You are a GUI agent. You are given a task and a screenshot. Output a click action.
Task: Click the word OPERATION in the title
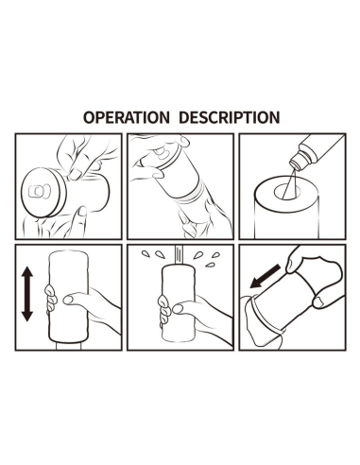[x=127, y=117]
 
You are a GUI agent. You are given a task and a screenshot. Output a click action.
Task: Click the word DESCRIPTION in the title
[x=229, y=117]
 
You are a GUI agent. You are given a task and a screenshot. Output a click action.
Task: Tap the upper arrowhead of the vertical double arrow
[x=27, y=272]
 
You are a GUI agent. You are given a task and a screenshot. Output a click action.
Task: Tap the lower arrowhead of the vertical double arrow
[x=27, y=316]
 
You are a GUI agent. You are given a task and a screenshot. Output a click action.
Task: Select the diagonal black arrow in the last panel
[x=265, y=277]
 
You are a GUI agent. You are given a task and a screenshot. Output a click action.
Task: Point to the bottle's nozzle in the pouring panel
[x=296, y=162]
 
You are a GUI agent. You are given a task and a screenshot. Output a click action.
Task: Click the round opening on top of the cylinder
[x=286, y=192]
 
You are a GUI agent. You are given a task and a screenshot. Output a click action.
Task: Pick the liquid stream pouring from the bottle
[x=289, y=183]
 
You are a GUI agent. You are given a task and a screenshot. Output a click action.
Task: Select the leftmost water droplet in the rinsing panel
[x=145, y=253]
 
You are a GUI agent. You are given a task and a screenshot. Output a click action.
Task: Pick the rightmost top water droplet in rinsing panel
[x=216, y=254]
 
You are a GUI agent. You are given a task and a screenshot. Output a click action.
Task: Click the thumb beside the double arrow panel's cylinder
[x=73, y=299]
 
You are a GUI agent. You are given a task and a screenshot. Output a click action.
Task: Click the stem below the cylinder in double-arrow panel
[x=69, y=346]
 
